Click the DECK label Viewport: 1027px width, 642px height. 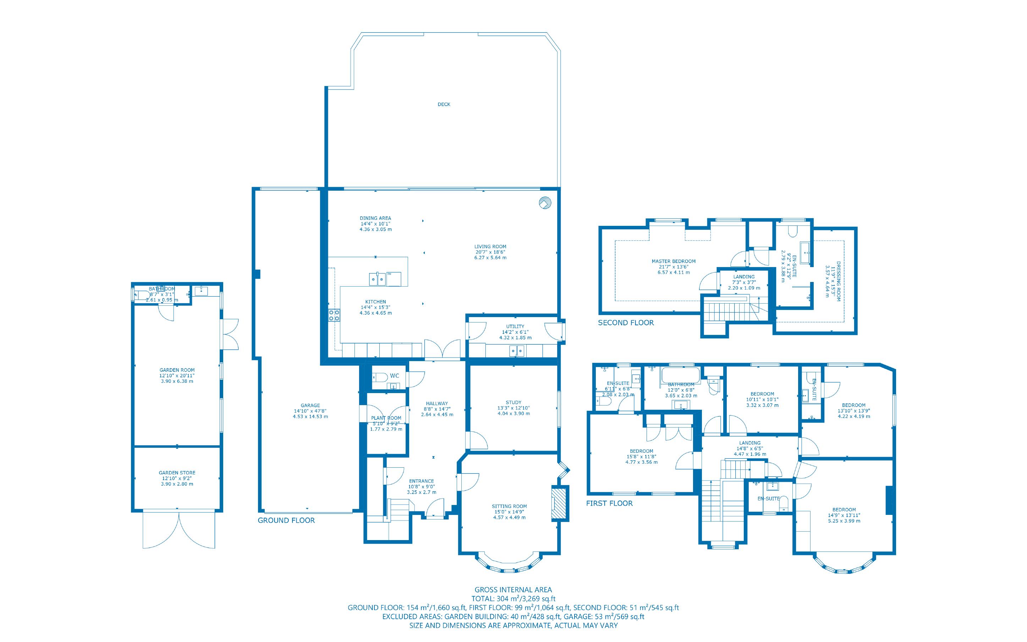444,104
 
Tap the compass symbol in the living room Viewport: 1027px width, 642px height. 545,203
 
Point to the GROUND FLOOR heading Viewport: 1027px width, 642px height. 286,521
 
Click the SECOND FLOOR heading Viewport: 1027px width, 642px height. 626,323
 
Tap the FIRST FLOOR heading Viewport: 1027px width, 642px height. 609,503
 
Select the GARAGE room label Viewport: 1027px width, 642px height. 310,406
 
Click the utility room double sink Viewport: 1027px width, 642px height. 517,351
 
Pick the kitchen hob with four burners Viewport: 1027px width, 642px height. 334,315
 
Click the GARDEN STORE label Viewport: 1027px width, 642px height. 177,473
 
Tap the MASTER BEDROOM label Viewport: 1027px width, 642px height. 673,261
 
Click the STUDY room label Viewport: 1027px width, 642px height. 513,402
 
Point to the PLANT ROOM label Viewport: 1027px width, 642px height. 386,418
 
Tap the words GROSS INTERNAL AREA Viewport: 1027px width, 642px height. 513,589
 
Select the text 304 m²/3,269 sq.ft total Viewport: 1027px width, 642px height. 526,599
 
